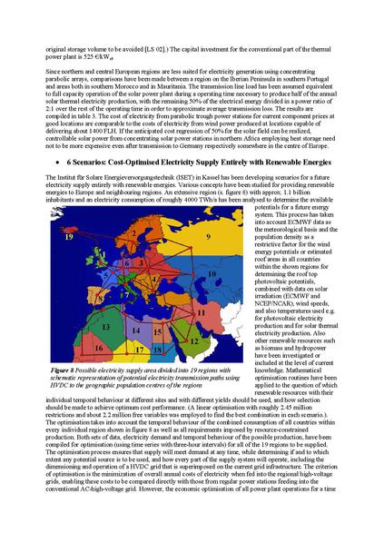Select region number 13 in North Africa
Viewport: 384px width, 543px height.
coord(106,323)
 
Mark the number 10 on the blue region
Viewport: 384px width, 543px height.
coord(212,272)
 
